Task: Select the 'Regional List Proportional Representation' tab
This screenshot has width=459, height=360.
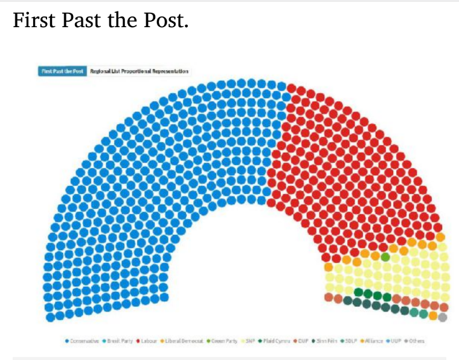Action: pyautogui.click(x=140, y=71)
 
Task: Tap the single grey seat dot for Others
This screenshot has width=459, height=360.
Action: pyautogui.click(x=443, y=317)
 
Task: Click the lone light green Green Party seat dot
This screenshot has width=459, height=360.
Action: pyautogui.click(x=385, y=257)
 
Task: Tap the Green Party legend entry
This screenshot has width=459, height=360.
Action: pyautogui.click(x=223, y=341)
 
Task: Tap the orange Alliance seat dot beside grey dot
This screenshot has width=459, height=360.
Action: pyautogui.click(x=433, y=315)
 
